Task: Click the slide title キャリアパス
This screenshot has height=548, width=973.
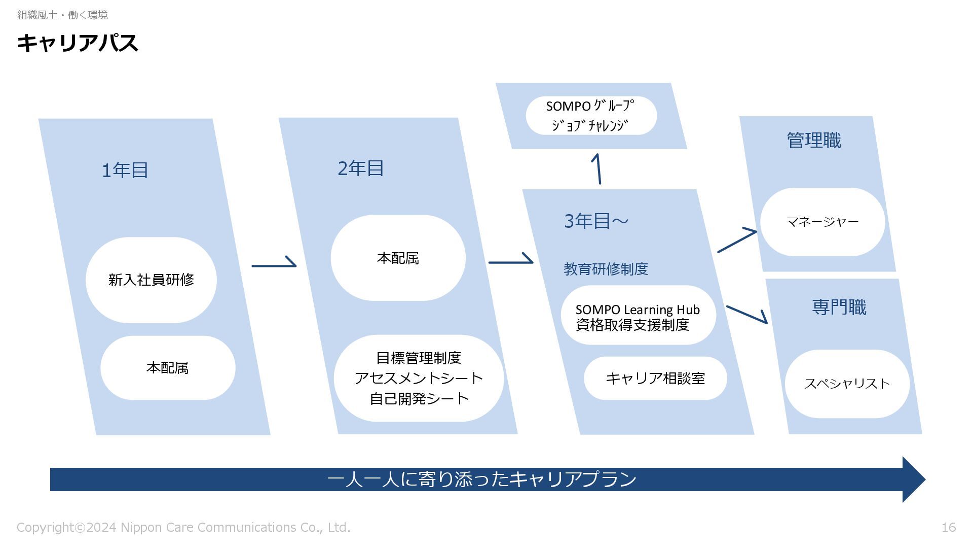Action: [77, 43]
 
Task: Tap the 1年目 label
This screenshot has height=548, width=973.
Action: [125, 170]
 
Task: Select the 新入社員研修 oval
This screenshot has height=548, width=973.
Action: [151, 280]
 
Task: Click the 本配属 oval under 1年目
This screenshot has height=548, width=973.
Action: [167, 368]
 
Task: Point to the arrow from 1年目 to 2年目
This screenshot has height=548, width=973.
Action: [274, 264]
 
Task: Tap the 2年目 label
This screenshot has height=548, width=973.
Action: [360, 168]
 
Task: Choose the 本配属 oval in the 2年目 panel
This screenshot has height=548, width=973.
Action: [398, 258]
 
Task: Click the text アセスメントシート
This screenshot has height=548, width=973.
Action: [419, 379]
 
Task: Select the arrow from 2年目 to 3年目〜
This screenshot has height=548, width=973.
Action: [510, 261]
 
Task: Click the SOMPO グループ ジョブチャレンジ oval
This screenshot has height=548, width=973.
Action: [591, 116]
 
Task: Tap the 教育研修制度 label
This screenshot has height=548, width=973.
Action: [606, 269]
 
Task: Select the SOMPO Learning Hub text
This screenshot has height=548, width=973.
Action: [637, 310]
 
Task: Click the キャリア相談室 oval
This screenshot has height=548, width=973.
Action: [655, 379]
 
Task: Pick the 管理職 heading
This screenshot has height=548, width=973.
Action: [813, 141]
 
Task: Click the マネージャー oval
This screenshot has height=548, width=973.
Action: [822, 222]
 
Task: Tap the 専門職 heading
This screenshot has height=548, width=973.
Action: [839, 307]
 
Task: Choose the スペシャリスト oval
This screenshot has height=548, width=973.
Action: [847, 384]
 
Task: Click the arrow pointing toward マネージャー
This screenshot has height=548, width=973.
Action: [737, 241]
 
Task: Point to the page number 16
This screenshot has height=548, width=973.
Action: [948, 528]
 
